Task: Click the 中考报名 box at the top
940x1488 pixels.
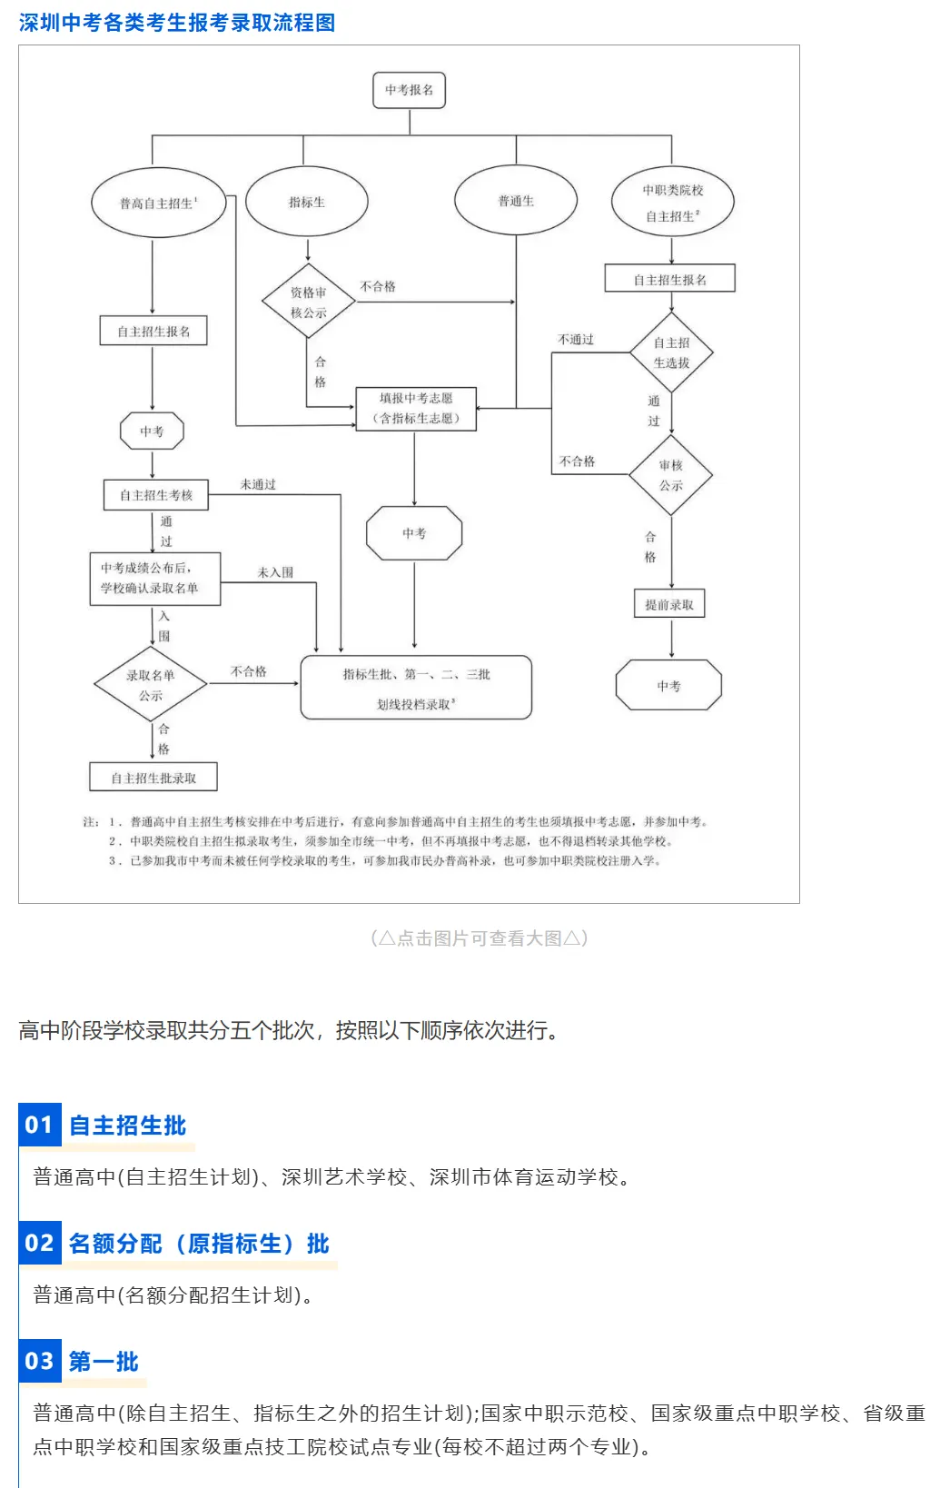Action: (x=409, y=90)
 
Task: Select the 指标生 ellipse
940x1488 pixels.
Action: (x=307, y=202)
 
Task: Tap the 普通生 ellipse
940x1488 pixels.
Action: (x=516, y=201)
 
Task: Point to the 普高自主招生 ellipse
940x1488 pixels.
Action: (x=158, y=203)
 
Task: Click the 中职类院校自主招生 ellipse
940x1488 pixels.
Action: (x=672, y=202)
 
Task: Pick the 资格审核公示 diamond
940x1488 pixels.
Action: (x=308, y=302)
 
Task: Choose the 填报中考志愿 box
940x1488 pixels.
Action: (x=415, y=408)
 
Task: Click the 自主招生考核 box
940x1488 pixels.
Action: (x=156, y=495)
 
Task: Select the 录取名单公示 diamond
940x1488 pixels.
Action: (x=151, y=685)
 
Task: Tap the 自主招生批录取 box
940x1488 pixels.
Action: (x=153, y=778)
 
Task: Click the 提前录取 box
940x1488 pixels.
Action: (x=669, y=604)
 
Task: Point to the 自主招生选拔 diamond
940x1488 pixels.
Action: (x=671, y=352)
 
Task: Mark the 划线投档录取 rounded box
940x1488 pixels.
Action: (x=416, y=688)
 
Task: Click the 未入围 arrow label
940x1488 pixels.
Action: (x=275, y=572)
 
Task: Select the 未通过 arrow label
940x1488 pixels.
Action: (x=258, y=484)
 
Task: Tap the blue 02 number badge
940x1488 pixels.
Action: (x=39, y=1243)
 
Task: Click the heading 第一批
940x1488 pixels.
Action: (x=104, y=1362)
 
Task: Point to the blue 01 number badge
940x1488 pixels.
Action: (x=39, y=1125)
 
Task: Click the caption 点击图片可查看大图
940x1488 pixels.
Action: (x=480, y=938)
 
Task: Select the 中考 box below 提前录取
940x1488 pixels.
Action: (x=668, y=686)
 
